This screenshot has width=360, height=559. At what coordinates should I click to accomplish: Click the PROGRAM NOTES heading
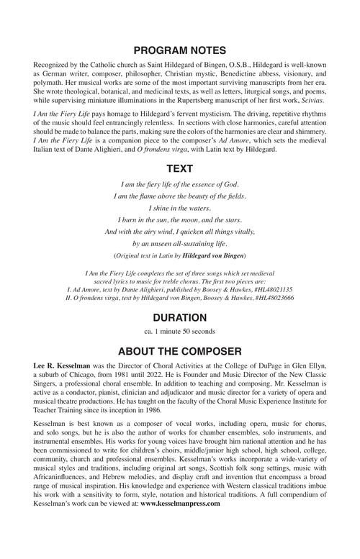(180, 50)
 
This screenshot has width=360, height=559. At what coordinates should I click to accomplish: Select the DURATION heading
(180, 317)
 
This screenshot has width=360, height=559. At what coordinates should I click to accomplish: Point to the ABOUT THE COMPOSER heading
(180, 352)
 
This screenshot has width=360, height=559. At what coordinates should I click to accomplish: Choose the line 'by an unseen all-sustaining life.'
(180, 243)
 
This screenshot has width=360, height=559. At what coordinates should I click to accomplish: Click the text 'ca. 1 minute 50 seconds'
(180, 332)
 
